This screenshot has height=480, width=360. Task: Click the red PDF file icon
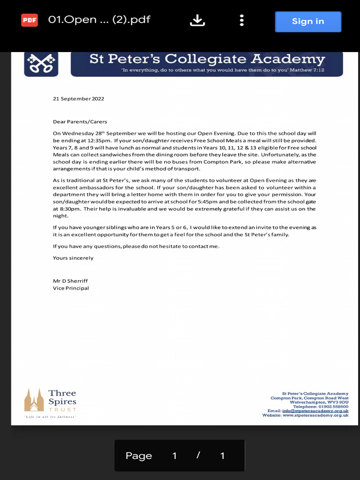tap(29, 20)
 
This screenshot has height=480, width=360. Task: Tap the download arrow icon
tap(197, 20)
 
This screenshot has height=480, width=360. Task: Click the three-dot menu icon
tap(241, 20)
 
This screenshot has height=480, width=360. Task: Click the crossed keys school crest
tap(41, 64)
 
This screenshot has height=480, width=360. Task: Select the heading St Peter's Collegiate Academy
tap(207, 60)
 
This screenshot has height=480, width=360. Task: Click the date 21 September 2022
tap(78, 99)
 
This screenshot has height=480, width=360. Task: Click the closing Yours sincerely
tap(73, 258)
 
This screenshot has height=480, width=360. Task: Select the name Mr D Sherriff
tap(70, 281)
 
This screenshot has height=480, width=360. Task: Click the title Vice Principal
tap(71, 288)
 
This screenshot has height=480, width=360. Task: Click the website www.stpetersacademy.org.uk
tap(315, 415)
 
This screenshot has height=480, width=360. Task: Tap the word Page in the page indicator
tap(139, 456)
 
